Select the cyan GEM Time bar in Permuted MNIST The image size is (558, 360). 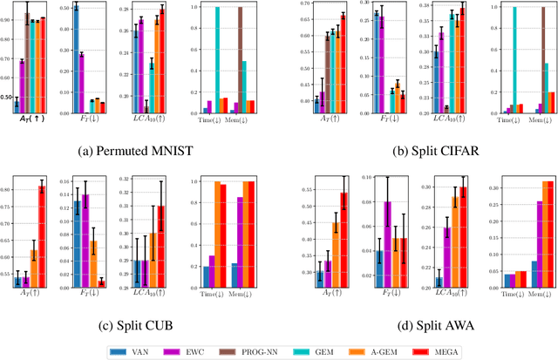click(x=217, y=60)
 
